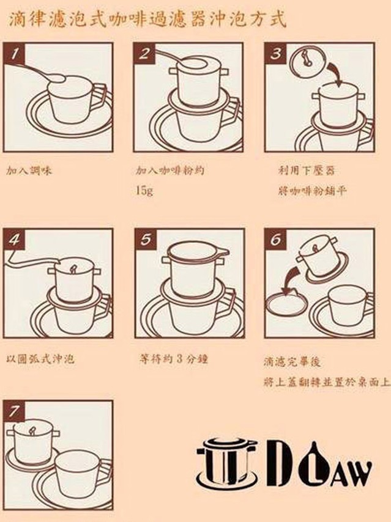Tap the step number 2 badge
coord(144,53)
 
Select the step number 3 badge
coord(276,53)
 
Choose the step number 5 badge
coord(146,240)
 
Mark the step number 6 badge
coord(276,240)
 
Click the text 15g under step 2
coord(144,191)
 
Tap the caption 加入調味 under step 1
coord(29,171)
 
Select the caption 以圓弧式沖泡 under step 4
coord(40,359)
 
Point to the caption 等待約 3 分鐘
coord(174,359)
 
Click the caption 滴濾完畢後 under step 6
coord(292,361)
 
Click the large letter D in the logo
coord(281,463)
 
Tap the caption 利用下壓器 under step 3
coord(307,171)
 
